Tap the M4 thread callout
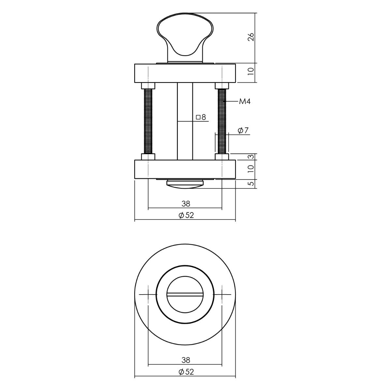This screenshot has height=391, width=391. pos(244,102)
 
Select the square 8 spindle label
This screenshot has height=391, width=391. pos(201,117)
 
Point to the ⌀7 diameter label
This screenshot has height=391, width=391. pos(243,131)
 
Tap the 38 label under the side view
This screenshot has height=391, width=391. pos(186,204)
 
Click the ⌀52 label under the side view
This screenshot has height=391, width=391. pos(186,215)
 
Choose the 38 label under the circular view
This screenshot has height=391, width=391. pos(186,360)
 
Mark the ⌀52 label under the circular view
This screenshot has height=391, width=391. pos(186,372)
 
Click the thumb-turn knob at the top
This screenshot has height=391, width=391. pos(185,36)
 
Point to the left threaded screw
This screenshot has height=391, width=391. pos(148,121)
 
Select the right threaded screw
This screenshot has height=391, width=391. pos(222,121)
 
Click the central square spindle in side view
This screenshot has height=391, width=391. pos(185,137)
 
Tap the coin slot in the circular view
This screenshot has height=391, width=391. pos(185,295)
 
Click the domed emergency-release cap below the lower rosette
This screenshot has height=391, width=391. pos(185,184)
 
